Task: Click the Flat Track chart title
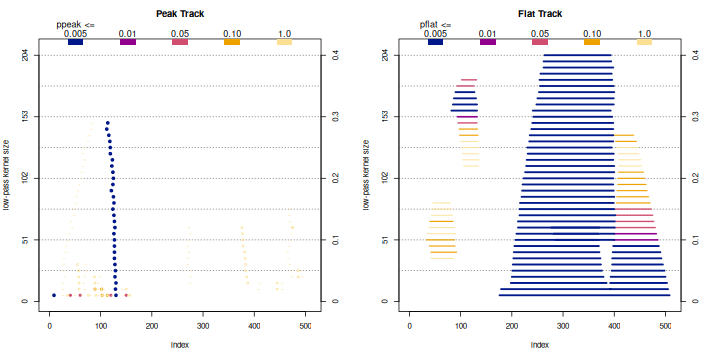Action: click(x=539, y=13)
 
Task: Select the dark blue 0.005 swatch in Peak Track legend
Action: click(x=75, y=42)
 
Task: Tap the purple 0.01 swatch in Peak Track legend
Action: click(x=128, y=42)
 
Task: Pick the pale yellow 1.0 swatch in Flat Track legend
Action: click(x=644, y=42)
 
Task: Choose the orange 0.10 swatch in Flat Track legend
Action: click(x=591, y=42)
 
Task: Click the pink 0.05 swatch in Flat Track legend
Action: click(x=540, y=42)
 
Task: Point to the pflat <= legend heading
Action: click(x=433, y=24)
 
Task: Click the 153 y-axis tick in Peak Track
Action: click(x=24, y=117)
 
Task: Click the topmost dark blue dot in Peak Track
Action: click(x=107, y=123)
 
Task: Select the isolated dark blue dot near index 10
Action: click(x=54, y=295)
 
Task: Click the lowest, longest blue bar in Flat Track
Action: click(x=584, y=295)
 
